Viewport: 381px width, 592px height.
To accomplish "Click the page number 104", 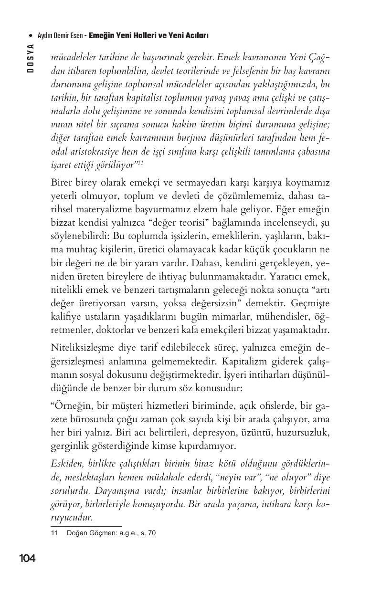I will click(x=27, y=558).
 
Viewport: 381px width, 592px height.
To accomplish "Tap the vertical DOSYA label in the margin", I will click(x=30, y=58).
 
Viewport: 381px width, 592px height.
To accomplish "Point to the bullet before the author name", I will click(x=31, y=36).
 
